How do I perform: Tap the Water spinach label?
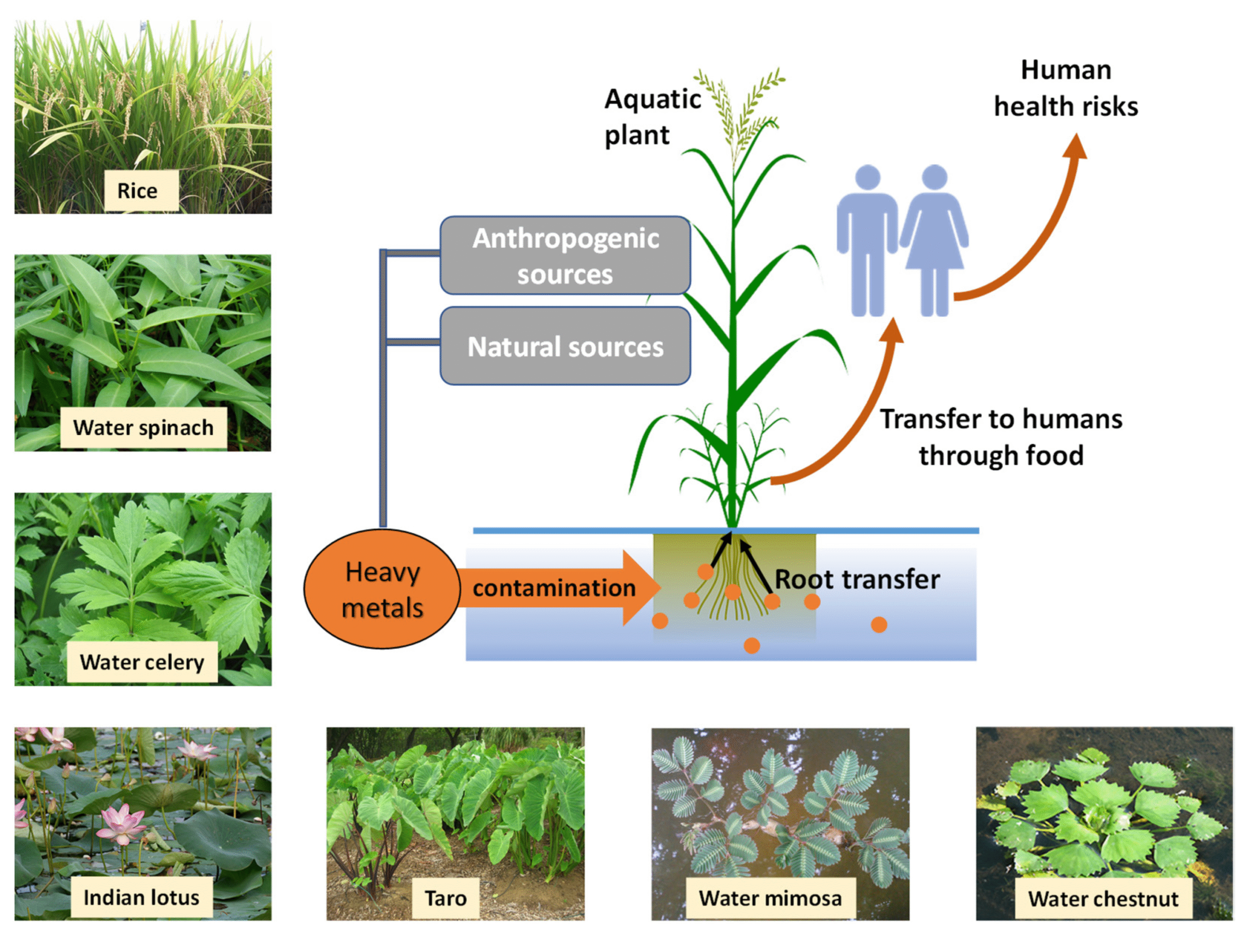point(143,428)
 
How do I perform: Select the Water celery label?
point(142,662)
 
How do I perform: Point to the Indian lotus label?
point(142,898)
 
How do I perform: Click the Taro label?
point(446,898)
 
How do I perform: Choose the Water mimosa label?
point(771,898)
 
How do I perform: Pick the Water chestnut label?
point(1104,899)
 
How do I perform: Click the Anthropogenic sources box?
point(565,256)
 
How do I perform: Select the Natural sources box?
point(565,346)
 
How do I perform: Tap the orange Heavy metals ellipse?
point(382,589)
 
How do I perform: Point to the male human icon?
point(867,240)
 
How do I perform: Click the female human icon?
point(934,240)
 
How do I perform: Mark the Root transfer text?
point(857,580)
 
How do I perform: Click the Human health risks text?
point(1066,89)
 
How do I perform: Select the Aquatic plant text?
point(652,117)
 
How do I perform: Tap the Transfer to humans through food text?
point(1001,437)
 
